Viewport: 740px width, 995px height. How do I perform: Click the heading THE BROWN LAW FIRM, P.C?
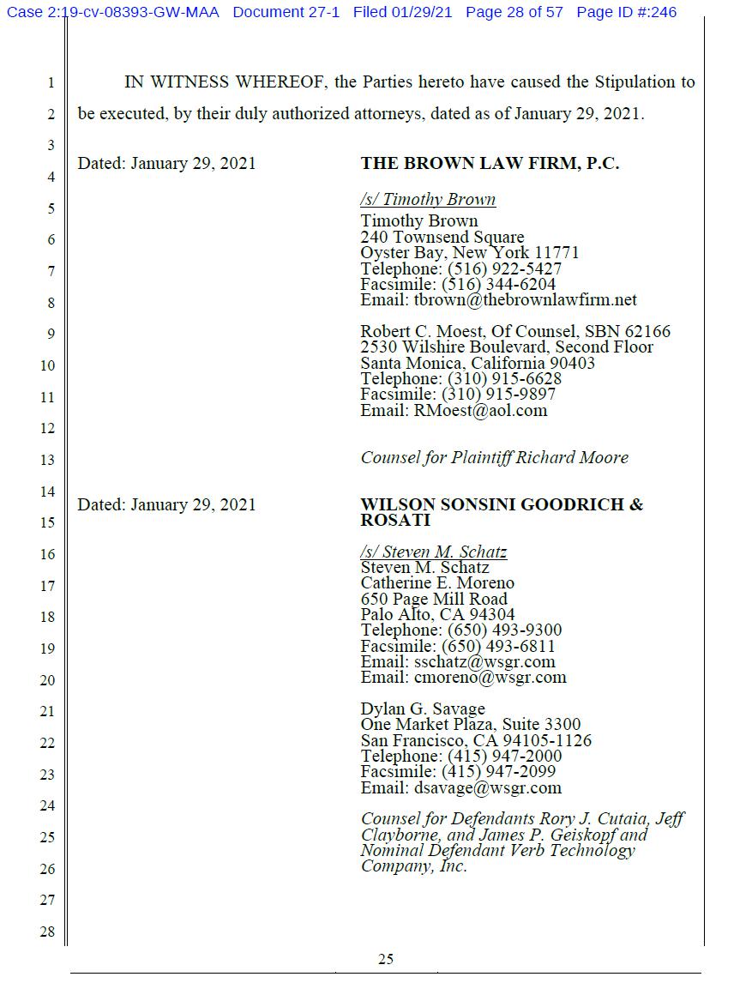[x=490, y=163]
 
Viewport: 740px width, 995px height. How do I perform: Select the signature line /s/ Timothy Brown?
[x=428, y=200]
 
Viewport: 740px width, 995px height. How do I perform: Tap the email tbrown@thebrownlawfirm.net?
[x=525, y=300]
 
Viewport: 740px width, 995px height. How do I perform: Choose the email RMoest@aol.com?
[x=480, y=410]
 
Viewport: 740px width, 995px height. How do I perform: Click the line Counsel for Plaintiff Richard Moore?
[x=494, y=457]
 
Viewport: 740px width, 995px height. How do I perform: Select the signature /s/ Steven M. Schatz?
[x=433, y=552]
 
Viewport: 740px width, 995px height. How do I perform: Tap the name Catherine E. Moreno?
[x=437, y=583]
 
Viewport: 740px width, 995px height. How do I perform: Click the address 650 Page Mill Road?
[x=433, y=599]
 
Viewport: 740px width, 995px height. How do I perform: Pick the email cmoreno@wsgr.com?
[x=490, y=677]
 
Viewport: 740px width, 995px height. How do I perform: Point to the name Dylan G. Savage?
[x=423, y=709]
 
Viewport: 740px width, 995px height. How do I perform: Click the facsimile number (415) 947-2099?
[x=498, y=772]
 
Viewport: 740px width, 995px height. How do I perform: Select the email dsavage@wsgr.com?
[x=487, y=787]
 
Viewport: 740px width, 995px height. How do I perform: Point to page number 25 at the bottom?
[x=386, y=959]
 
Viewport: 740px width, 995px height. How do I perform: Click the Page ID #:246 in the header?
[x=626, y=12]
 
